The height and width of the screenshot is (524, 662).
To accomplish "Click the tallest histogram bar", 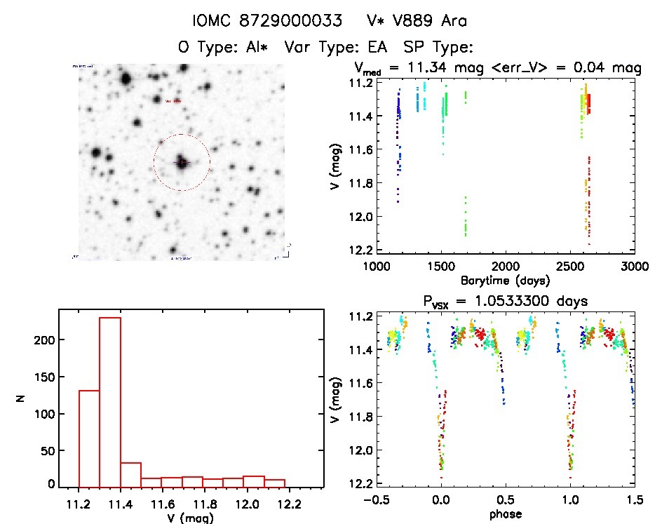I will pyautogui.click(x=110, y=401).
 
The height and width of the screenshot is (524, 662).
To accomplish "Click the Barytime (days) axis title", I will pyautogui.click(x=504, y=280).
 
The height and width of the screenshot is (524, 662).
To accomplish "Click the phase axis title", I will pyautogui.click(x=504, y=514).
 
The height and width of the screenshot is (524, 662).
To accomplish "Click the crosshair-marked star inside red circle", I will pyautogui.click(x=182, y=163).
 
